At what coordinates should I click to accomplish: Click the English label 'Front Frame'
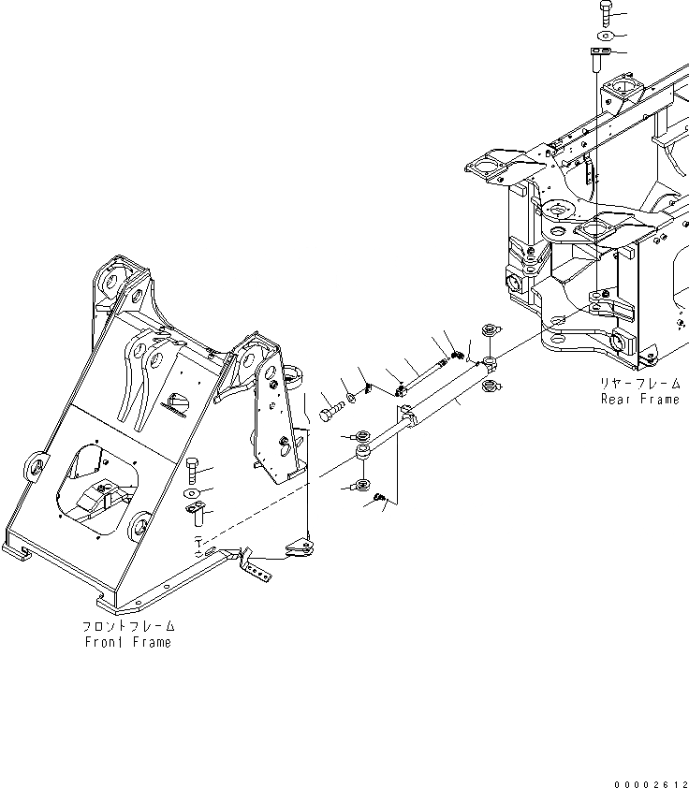coord(127,642)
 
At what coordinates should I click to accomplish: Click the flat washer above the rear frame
coord(601,36)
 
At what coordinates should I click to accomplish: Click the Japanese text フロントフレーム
coord(127,626)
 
